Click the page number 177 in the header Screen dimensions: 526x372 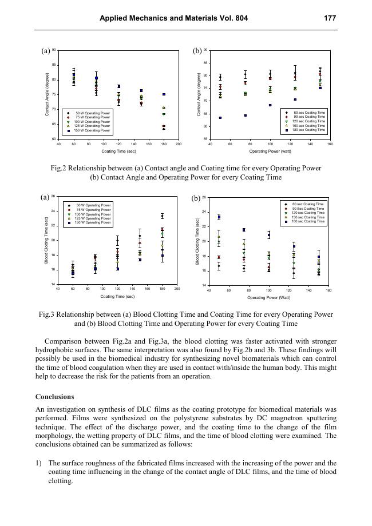click(x=330, y=18)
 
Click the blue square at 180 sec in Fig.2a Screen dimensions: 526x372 click(x=164, y=94)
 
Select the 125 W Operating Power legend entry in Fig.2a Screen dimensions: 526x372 click(x=92, y=126)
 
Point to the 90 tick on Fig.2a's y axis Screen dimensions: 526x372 click(x=54, y=50)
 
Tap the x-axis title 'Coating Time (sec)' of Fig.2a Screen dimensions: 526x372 click(x=118, y=151)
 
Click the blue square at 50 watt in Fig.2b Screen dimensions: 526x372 click(x=220, y=118)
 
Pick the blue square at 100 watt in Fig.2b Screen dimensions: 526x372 click(x=270, y=105)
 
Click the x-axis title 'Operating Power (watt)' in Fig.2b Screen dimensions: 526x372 click(x=270, y=151)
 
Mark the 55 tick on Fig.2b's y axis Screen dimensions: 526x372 click(x=205, y=139)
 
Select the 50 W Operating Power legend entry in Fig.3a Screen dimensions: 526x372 click(x=93, y=205)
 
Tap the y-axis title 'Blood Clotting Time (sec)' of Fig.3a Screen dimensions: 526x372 click(x=46, y=241)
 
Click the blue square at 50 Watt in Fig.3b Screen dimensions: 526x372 click(x=219, y=217)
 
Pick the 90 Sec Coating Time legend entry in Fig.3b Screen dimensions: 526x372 click(x=307, y=208)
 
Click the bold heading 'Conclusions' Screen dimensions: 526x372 click(x=54, y=396)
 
